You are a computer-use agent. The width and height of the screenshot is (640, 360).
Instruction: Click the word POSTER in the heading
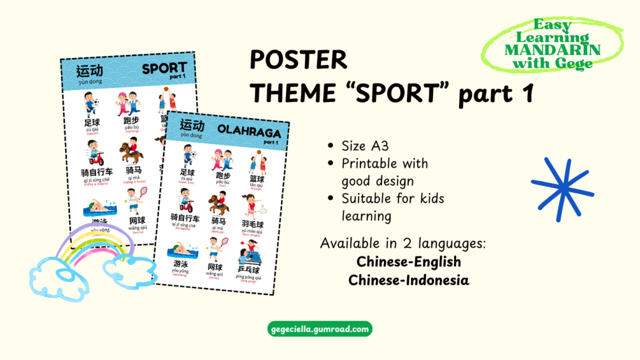[x=298, y=59]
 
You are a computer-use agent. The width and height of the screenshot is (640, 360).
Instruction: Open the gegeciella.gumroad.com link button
[x=320, y=329]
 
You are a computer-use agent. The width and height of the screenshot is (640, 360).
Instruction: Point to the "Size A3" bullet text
[x=365, y=146]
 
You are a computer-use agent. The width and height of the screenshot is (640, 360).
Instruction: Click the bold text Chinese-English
[x=408, y=261]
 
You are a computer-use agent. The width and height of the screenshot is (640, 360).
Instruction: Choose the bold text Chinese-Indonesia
[x=408, y=280]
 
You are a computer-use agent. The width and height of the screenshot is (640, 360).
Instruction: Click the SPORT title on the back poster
[x=164, y=68]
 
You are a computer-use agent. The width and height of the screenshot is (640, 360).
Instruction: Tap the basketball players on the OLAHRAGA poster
[x=257, y=162]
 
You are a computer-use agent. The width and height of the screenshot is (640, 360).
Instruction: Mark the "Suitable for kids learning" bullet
[x=392, y=207]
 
